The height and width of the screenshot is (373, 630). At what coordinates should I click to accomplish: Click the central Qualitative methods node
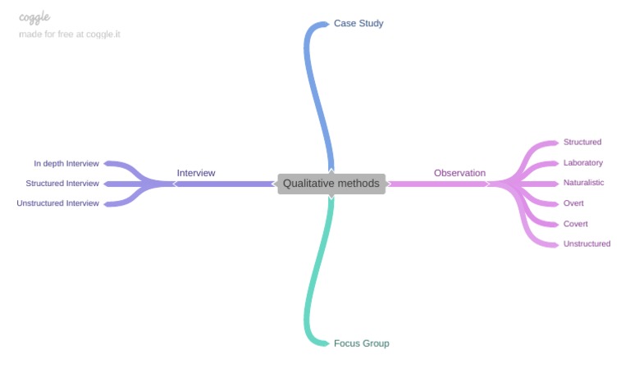[x=331, y=184]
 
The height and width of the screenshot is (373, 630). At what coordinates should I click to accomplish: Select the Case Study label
[x=358, y=23]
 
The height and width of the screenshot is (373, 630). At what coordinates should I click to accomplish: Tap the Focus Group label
[x=361, y=343]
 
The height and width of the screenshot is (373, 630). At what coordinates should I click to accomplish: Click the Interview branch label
[x=196, y=173]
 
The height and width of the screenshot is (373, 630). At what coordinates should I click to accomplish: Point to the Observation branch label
[x=459, y=173]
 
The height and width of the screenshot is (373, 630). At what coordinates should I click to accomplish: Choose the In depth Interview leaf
[x=66, y=163]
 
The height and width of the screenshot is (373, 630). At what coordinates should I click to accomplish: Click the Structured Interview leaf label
[x=62, y=184]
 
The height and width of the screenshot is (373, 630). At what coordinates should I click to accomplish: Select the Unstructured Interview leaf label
[x=57, y=203]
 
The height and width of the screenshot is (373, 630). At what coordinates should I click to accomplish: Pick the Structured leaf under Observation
[x=582, y=143]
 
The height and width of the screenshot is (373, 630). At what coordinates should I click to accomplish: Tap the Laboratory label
[x=583, y=163]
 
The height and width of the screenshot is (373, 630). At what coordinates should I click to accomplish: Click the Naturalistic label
[x=584, y=183]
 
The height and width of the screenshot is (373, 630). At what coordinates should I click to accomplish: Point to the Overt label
[x=573, y=203]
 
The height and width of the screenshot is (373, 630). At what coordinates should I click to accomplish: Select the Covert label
[x=576, y=224]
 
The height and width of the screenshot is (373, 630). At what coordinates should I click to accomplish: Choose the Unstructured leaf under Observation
[x=587, y=244]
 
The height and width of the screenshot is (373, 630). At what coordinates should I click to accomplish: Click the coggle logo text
[x=34, y=17]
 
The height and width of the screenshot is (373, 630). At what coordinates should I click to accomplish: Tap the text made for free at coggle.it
[x=69, y=34]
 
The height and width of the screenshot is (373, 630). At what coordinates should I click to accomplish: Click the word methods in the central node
[x=361, y=184]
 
